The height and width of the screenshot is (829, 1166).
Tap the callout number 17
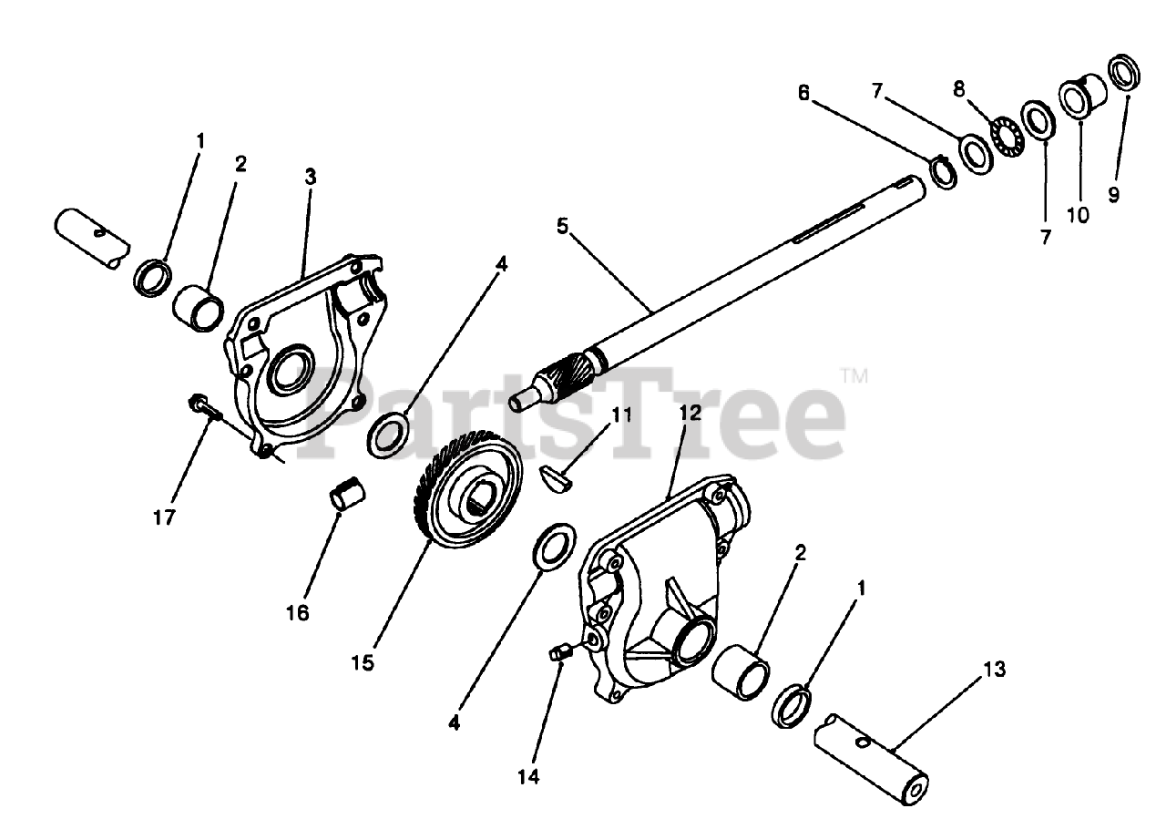tap(164, 517)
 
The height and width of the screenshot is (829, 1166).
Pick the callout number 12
tap(690, 413)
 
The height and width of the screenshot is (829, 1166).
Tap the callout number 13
tap(995, 670)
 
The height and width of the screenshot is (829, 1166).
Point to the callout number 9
tap(1114, 195)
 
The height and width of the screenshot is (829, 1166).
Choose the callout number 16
tap(297, 612)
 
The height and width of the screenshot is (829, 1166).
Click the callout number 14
tap(527, 776)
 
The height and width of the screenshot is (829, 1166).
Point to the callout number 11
tap(620, 414)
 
